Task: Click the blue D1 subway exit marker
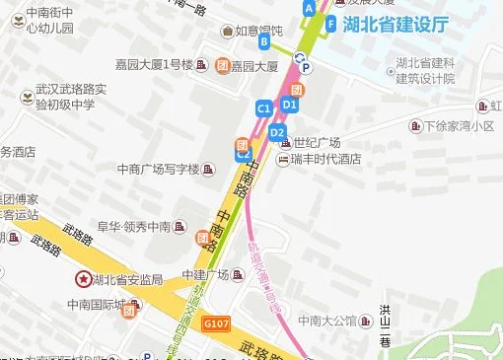pyautogui.click(x=289, y=104)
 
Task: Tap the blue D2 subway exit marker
pyautogui.click(x=277, y=132)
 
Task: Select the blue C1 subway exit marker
pyautogui.click(x=263, y=107)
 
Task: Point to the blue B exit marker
pyautogui.click(x=264, y=42)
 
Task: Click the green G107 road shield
pyautogui.click(x=215, y=322)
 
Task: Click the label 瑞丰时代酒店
pyautogui.click(x=326, y=159)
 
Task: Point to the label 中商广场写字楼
pyautogui.click(x=185, y=169)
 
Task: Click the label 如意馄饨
pyautogui.click(x=259, y=31)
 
